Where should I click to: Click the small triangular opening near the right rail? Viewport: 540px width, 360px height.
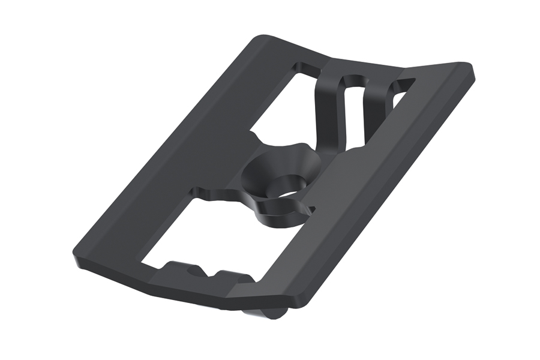[x=400, y=94]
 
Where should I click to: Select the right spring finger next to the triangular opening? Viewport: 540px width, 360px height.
[x=378, y=114]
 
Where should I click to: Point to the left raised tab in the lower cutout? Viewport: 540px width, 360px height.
[x=174, y=269]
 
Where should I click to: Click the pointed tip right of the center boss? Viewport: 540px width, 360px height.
[x=311, y=208]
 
